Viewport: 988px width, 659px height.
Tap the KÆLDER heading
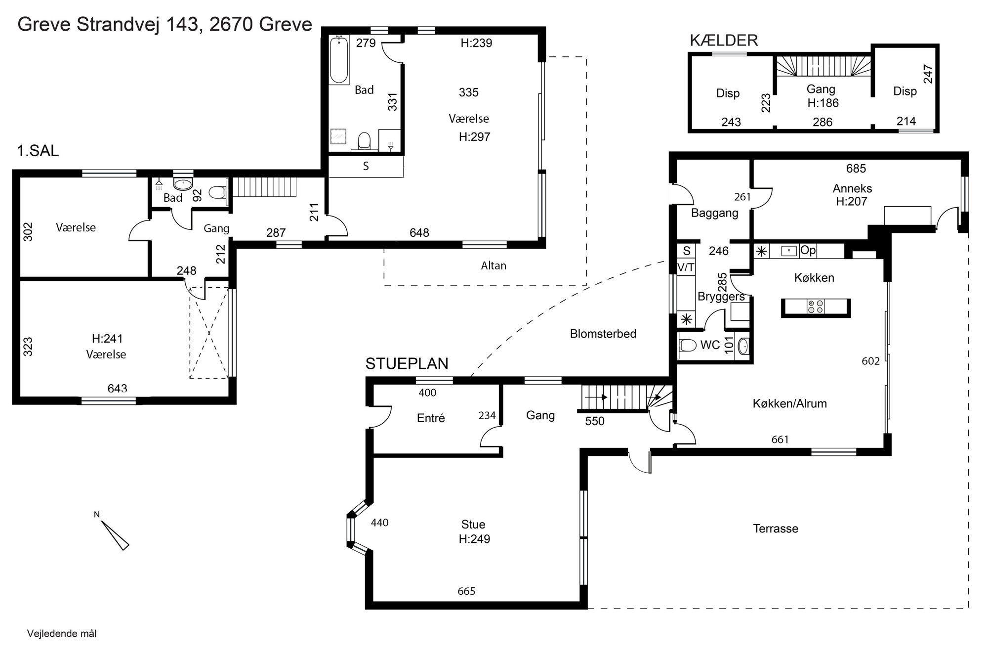point(724,41)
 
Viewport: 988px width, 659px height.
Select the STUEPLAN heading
point(407,364)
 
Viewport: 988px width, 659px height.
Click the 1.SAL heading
point(38,151)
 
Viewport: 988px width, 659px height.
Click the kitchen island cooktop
point(815,307)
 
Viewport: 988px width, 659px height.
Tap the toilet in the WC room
point(687,345)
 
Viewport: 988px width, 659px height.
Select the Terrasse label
point(776,528)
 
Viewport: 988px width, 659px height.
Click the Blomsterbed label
point(603,334)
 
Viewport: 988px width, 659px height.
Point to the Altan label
point(494,265)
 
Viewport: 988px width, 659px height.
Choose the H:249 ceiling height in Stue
point(474,539)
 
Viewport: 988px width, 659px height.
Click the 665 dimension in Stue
point(466,591)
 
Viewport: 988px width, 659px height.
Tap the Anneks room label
point(852,188)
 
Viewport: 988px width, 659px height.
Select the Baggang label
point(714,213)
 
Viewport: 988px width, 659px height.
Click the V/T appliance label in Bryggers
point(686,267)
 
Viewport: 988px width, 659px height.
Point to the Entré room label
point(431,418)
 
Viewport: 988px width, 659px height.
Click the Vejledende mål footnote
point(62,634)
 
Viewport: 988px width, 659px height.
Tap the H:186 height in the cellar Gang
point(823,103)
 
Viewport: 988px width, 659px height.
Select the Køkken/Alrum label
point(789,403)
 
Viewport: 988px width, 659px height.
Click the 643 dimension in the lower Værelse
point(117,389)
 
